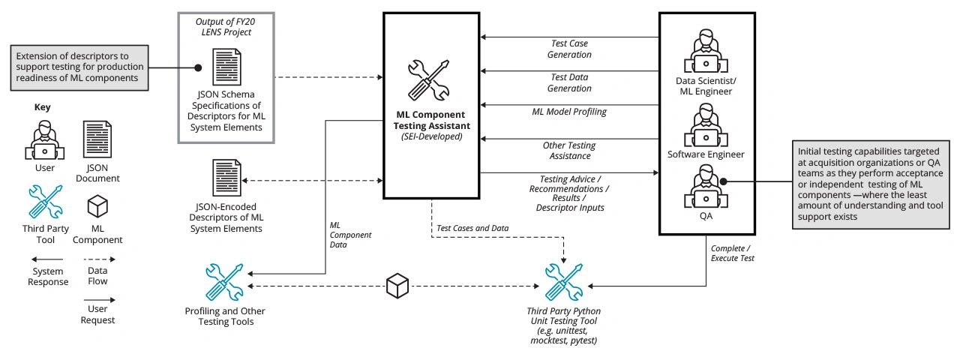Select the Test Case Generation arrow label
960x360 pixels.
569,49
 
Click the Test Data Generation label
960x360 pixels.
569,82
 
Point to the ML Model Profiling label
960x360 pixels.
569,112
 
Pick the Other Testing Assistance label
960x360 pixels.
569,150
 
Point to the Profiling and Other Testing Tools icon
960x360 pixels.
224,282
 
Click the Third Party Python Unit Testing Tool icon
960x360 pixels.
564,282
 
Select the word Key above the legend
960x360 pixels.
43,107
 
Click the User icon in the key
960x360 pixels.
44,139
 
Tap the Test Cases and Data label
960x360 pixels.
473,227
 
